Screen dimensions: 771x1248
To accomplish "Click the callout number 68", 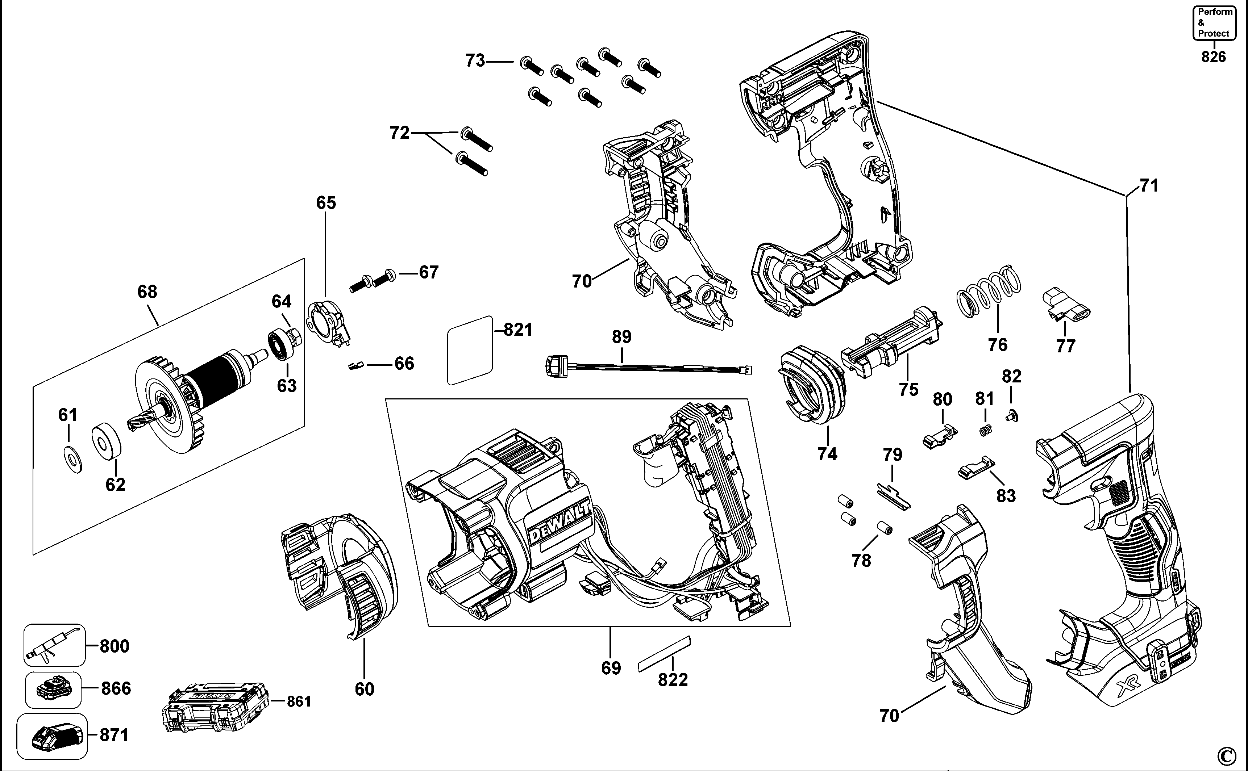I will pyautogui.click(x=147, y=292).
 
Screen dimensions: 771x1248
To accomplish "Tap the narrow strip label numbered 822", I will pyautogui.click(x=664, y=654).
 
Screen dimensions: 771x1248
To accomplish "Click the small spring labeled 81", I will pyautogui.click(x=985, y=430).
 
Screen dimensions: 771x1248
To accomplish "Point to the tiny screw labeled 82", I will pyautogui.click(x=1011, y=416).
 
